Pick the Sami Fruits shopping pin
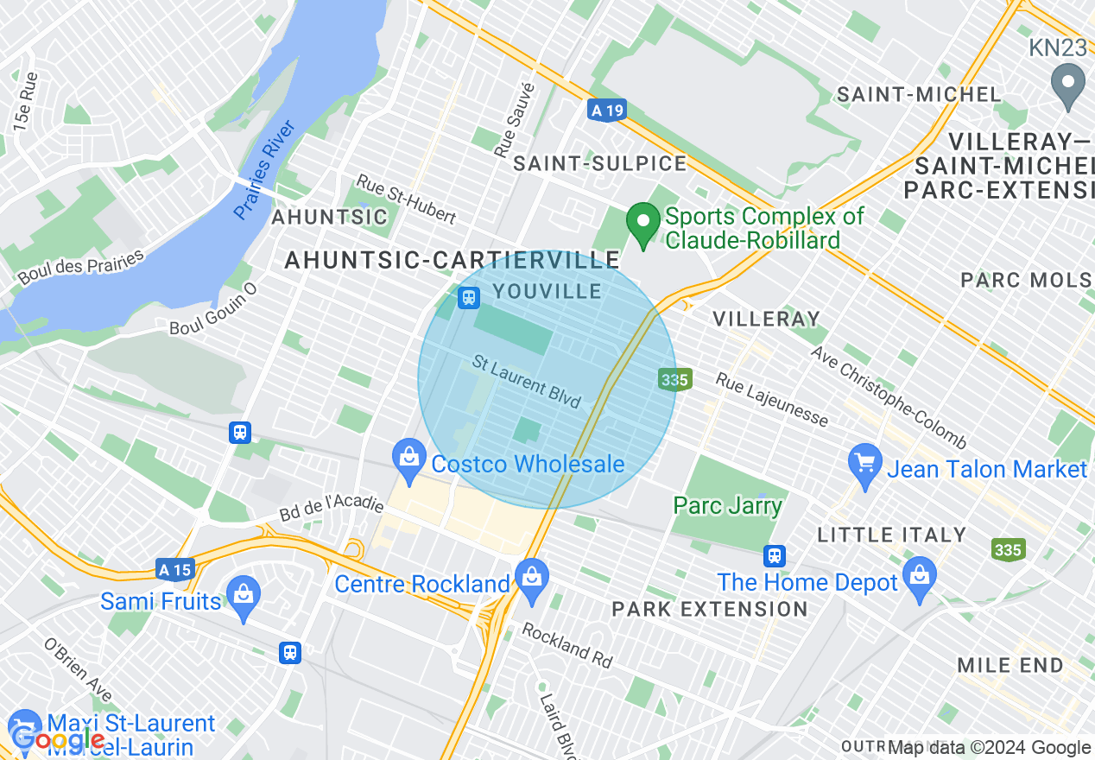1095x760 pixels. [x=244, y=594]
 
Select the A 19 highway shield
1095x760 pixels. [x=605, y=111]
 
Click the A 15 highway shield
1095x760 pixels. [x=175, y=569]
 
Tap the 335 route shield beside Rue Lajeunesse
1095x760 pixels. [x=673, y=379]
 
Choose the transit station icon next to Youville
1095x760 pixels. [x=469, y=298]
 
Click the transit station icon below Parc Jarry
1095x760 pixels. [x=775, y=555]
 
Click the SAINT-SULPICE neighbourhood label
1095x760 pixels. [x=600, y=163]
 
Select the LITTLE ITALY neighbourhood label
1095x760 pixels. [x=891, y=535]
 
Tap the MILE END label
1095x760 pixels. [x=1010, y=665]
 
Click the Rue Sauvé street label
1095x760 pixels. [x=515, y=120]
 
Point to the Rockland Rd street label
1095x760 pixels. [x=566, y=645]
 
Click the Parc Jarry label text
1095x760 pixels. [x=727, y=505]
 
